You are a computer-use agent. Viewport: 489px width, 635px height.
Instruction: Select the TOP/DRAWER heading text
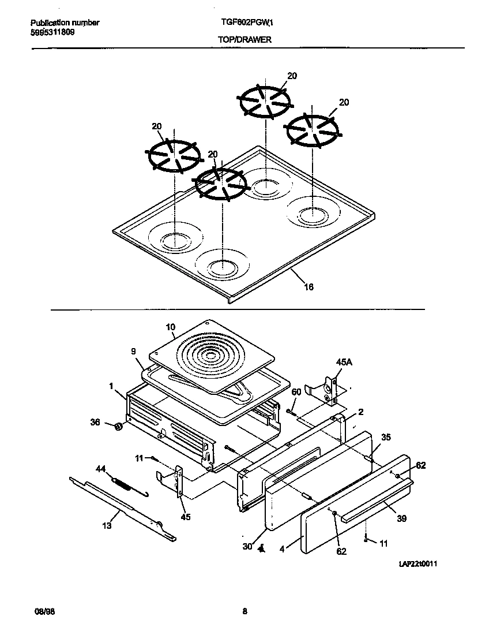pyautogui.click(x=245, y=40)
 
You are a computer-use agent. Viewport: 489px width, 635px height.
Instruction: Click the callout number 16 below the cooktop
pyautogui.click(x=309, y=287)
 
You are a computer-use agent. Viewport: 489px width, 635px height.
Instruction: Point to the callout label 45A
pyautogui.click(x=343, y=362)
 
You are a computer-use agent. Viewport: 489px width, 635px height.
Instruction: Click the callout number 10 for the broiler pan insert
pyautogui.click(x=170, y=327)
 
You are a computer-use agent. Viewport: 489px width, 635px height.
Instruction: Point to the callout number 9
pyautogui.click(x=133, y=350)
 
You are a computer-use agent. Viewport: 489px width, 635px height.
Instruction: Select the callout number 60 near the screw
pyautogui.click(x=296, y=392)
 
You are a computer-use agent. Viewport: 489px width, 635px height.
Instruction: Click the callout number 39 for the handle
pyautogui.click(x=401, y=518)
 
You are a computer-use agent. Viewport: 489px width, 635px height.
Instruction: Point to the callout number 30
pyautogui.click(x=247, y=546)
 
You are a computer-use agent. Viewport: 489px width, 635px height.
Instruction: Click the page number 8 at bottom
pyautogui.click(x=245, y=612)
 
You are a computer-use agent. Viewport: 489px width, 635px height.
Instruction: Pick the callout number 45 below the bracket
pyautogui.click(x=185, y=517)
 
